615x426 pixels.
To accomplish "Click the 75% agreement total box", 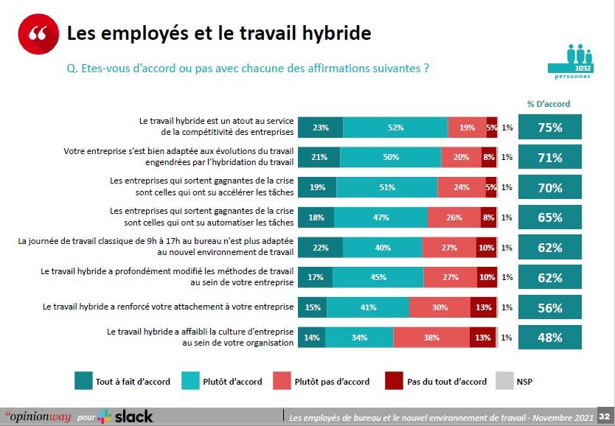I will pyautogui.click(x=550, y=128).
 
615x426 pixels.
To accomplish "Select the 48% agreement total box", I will pyautogui.click(x=550, y=338).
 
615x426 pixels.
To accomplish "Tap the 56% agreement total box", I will pyautogui.click(x=550, y=308).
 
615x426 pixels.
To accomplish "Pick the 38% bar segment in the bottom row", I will pyautogui.click(x=431, y=338).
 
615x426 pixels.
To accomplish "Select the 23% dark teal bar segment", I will pyautogui.click(x=320, y=128).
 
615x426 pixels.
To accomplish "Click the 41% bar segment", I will pyautogui.click(x=367, y=308).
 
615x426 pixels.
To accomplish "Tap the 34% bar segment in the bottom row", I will pyautogui.click(x=358, y=338).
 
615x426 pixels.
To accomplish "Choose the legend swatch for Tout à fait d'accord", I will pyautogui.click(x=83, y=381).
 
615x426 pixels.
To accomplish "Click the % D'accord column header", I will pyautogui.click(x=549, y=104).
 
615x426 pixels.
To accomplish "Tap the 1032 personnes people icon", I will pyautogui.click(x=579, y=60).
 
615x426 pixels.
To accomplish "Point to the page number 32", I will pyautogui.click(x=604, y=416).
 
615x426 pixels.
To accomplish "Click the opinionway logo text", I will pyautogui.click(x=38, y=416).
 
